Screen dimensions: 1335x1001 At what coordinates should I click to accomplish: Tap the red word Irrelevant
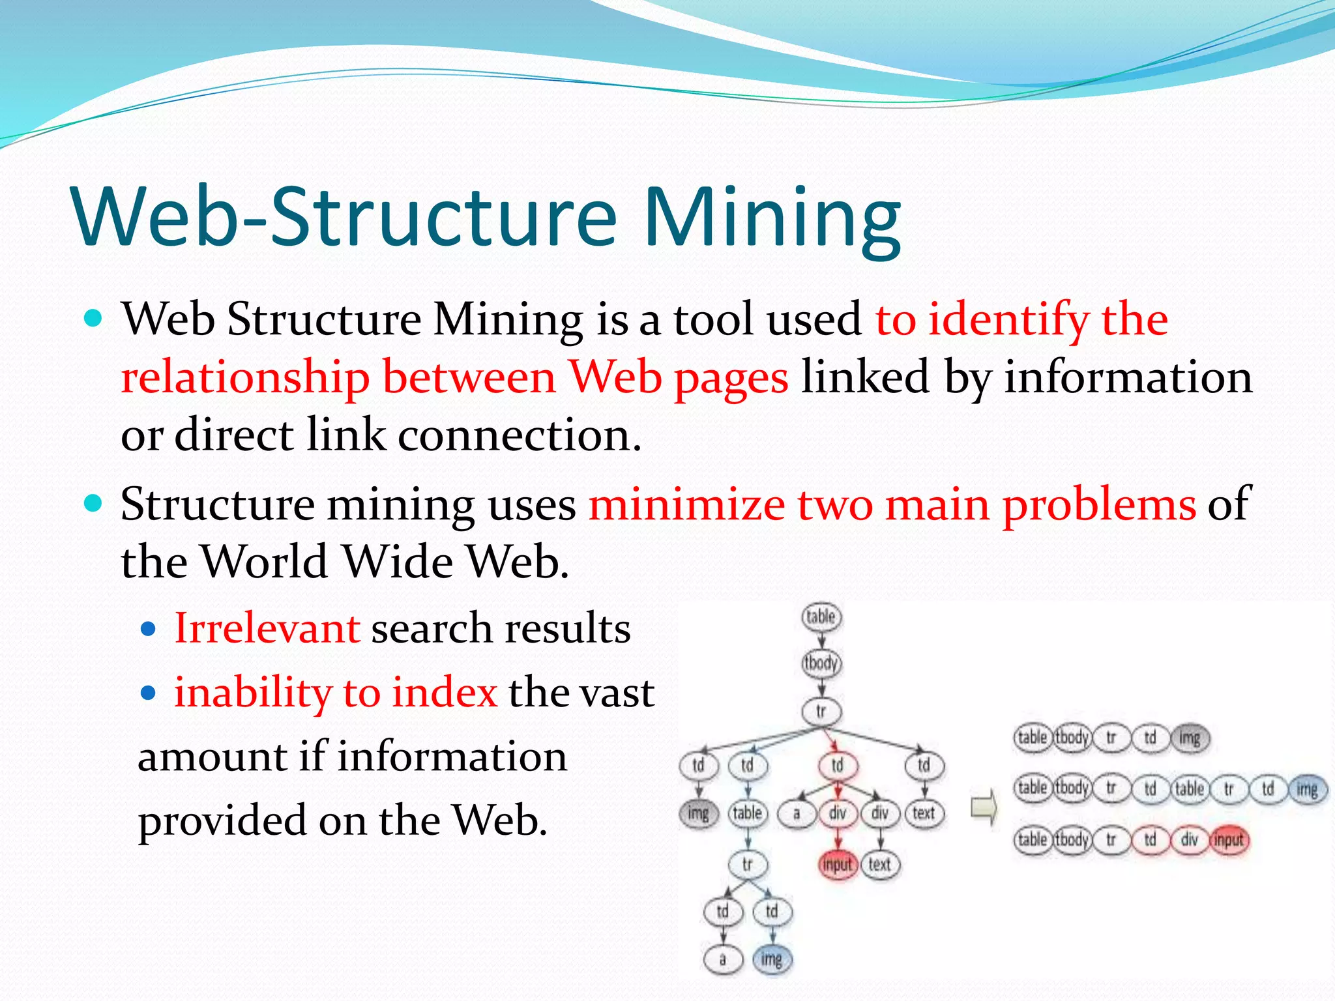(x=267, y=629)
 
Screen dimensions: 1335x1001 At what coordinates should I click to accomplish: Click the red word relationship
(x=245, y=378)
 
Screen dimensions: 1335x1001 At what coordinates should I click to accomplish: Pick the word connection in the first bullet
(x=519, y=435)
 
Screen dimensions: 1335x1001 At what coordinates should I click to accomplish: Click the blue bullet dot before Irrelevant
(x=149, y=629)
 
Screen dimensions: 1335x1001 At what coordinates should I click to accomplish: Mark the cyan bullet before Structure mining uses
(x=95, y=503)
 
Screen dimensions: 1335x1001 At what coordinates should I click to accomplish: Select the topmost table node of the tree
(x=821, y=617)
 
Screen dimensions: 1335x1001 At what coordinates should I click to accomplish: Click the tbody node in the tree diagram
(x=821, y=663)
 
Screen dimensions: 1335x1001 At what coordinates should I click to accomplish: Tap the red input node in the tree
(x=837, y=865)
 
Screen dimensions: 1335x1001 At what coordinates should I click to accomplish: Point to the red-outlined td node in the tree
(x=837, y=765)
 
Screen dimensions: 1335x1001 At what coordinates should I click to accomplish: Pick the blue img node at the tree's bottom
(x=771, y=959)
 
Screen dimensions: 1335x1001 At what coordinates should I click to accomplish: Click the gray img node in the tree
(x=698, y=813)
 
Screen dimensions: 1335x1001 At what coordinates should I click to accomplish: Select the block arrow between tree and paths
(x=984, y=808)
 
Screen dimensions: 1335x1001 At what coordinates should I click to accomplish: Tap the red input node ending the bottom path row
(x=1229, y=840)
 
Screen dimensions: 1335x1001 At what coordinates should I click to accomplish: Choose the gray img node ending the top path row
(x=1190, y=738)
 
